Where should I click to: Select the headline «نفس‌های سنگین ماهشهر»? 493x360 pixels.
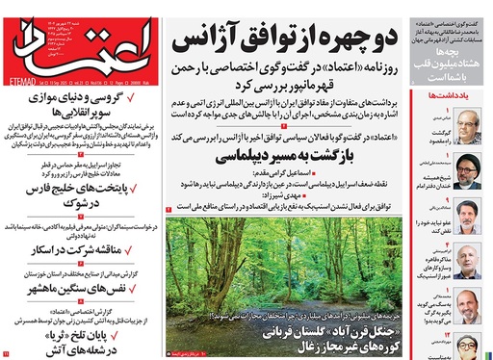[x=87, y=290]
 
